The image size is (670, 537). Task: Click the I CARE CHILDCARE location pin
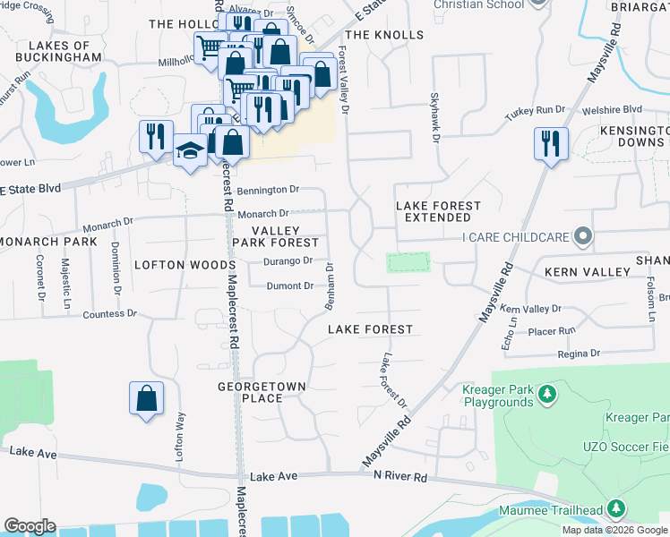[x=584, y=237]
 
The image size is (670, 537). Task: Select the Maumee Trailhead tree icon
[x=614, y=509]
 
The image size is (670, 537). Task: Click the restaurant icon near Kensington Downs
[x=550, y=143]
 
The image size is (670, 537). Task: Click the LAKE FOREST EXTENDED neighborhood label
[x=439, y=211]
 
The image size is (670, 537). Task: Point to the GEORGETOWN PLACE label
[x=262, y=392]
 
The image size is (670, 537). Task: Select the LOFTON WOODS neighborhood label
[x=184, y=265]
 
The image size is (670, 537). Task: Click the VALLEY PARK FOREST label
[x=277, y=236]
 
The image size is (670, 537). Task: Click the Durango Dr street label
[x=288, y=261]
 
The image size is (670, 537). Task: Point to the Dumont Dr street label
[x=290, y=286]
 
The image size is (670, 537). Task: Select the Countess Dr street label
[x=109, y=314]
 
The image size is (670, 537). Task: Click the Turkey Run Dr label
[x=537, y=109]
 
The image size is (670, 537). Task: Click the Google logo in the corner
[x=30, y=526]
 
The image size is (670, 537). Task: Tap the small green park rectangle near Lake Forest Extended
[x=408, y=262]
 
